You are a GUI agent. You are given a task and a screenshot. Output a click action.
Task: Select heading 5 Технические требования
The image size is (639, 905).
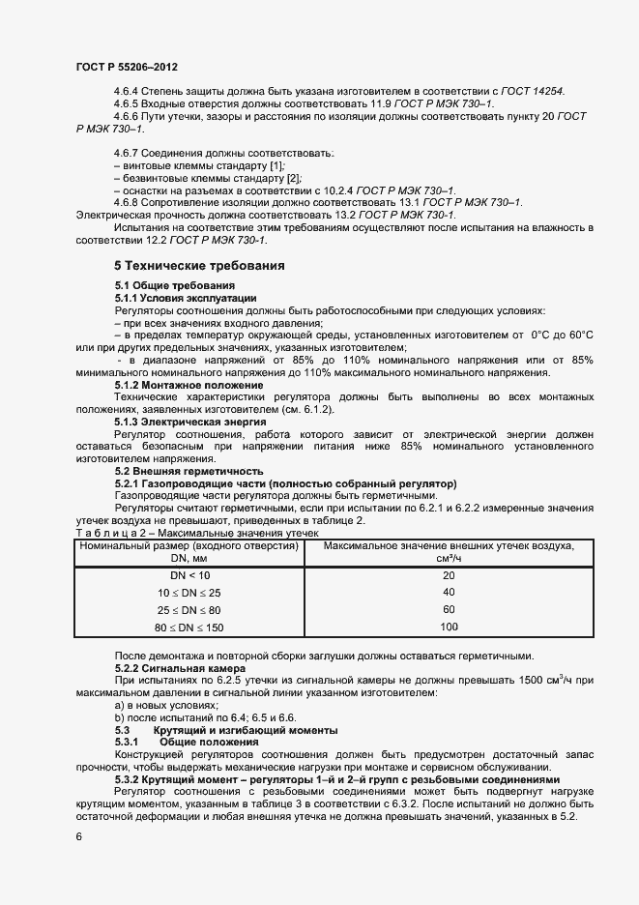[x=200, y=265]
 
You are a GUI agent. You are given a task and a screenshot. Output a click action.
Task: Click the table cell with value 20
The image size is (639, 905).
[x=448, y=575]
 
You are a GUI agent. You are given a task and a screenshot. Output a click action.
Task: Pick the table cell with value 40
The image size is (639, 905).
[x=448, y=592]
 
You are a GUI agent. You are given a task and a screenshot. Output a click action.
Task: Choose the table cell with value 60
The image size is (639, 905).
[x=448, y=609]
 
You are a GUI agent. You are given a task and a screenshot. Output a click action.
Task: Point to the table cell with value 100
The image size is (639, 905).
[x=448, y=627]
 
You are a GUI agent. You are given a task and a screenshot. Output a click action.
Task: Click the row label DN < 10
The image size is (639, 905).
[x=189, y=575]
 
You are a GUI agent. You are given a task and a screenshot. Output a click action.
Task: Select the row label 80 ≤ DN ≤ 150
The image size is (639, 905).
[x=189, y=627]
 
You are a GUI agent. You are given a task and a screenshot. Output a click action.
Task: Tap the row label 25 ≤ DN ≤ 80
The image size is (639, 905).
[x=189, y=609]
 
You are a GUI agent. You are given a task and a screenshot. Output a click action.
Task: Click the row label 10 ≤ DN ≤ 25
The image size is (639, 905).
[x=189, y=592]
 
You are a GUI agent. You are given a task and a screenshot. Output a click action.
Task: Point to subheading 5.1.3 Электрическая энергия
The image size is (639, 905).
[x=185, y=423]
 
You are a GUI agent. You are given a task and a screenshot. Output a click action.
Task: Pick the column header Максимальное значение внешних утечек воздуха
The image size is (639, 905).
[x=448, y=546]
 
